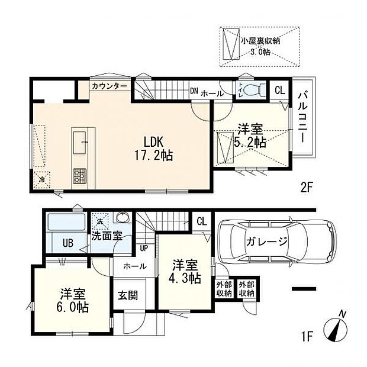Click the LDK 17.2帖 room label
coord(156,149)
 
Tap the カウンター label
coord(109,86)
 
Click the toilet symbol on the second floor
coord(244,90)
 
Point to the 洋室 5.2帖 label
coord(252,136)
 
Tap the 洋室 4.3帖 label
coord(185,271)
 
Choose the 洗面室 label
coord(107,236)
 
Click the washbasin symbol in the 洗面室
coord(123,217)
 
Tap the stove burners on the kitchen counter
coord(79,176)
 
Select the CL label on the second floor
coord(279,90)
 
